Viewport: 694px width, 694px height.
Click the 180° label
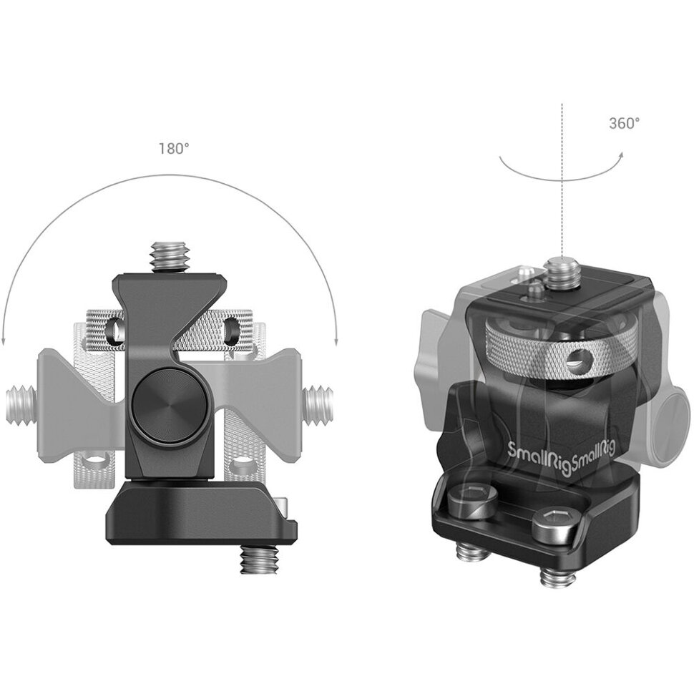pyautogui.click(x=174, y=149)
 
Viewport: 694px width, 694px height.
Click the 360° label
pyautogui.click(x=625, y=124)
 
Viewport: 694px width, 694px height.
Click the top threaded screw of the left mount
pyautogui.click(x=170, y=258)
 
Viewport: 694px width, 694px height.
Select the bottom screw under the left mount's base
pyautogui.click(x=258, y=562)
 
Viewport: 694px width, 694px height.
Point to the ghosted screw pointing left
pyautogui.click(x=22, y=404)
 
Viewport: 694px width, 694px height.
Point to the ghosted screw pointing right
pyautogui.click(x=318, y=404)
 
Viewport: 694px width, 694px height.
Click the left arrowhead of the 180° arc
pyautogui.click(x=4, y=340)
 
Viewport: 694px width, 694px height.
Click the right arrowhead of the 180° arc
pyautogui.click(x=336, y=340)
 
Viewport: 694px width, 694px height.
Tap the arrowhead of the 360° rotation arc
pyautogui.click(x=621, y=155)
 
